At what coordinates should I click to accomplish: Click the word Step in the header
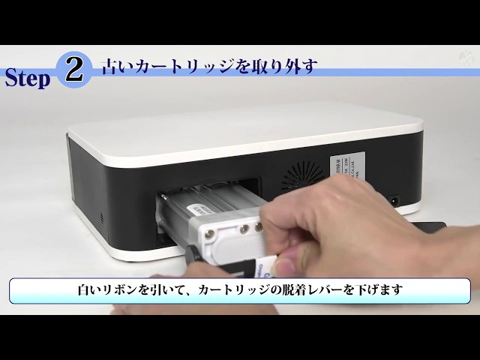point(28,79)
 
